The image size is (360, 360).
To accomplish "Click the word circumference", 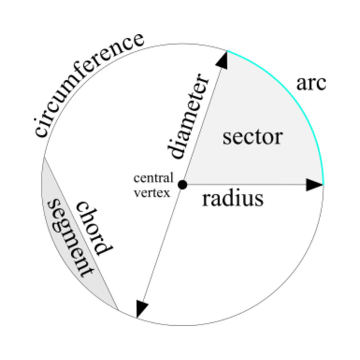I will [89, 85].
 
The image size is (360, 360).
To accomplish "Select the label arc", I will [311, 83].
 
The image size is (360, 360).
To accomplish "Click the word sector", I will [253, 137].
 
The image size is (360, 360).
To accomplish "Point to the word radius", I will [233, 199].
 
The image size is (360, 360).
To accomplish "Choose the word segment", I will [70, 237].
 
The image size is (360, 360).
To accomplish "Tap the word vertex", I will [151, 193].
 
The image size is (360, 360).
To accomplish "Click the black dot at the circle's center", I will [182, 185].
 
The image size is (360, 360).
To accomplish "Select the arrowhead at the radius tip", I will [315, 185].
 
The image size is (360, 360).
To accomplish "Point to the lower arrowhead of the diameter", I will [141, 309].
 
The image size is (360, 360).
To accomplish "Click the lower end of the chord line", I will [118, 310].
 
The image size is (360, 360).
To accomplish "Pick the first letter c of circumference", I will [41, 131].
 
